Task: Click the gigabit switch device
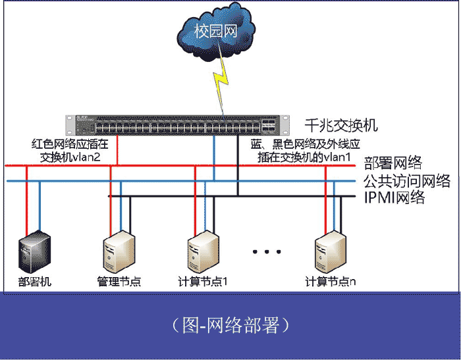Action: tap(178, 124)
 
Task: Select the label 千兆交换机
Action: tap(342, 125)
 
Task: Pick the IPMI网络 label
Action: tap(394, 197)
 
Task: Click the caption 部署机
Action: tap(35, 282)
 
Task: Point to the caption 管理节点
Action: tap(119, 282)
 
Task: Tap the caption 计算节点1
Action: tap(203, 282)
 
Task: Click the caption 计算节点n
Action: tap(331, 282)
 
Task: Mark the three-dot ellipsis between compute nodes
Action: tap(267, 252)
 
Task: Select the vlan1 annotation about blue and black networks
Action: tap(306, 150)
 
